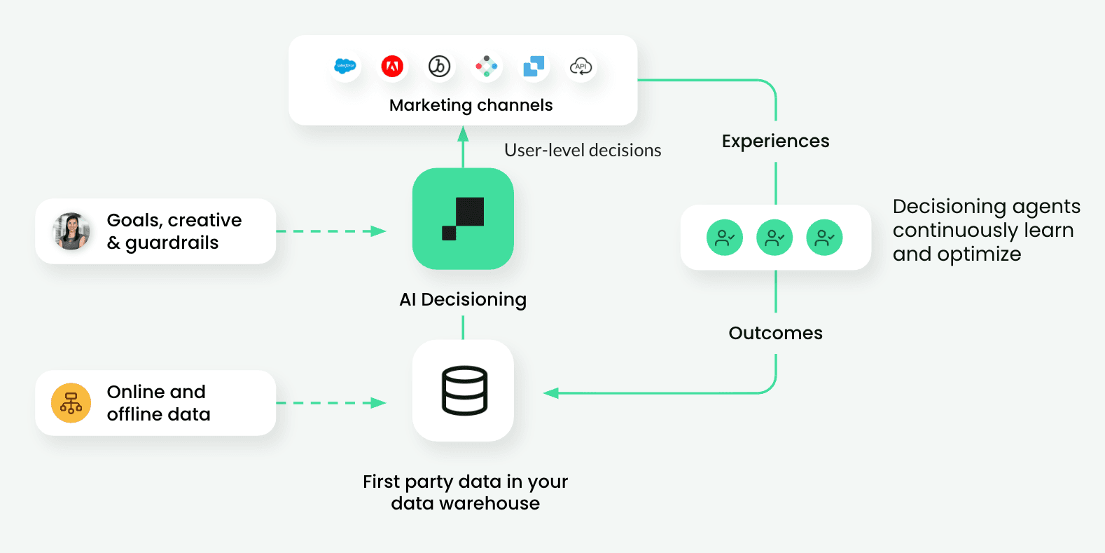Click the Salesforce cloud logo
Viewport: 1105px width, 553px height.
click(345, 67)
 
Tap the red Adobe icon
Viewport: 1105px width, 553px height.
click(392, 67)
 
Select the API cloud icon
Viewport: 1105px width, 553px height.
click(581, 67)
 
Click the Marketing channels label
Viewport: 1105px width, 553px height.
click(471, 105)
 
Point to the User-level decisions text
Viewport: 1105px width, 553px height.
click(583, 150)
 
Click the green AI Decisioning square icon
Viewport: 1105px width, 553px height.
click(463, 219)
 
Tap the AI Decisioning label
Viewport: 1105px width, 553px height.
click(463, 299)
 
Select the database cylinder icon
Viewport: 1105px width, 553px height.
click(464, 390)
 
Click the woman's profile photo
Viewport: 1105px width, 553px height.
click(71, 231)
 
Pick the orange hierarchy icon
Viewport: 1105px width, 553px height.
click(71, 403)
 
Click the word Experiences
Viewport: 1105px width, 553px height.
click(775, 141)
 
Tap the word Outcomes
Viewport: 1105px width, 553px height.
click(775, 333)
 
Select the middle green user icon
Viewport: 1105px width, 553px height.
click(774, 238)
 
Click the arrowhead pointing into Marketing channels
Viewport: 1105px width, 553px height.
click(463, 133)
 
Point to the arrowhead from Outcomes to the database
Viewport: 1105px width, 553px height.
click(551, 393)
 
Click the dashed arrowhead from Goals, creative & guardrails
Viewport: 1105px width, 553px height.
click(379, 231)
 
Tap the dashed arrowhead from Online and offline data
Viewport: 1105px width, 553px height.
click(379, 403)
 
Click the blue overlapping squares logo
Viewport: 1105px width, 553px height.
click(534, 67)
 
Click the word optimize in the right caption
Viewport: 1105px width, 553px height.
click(979, 254)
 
